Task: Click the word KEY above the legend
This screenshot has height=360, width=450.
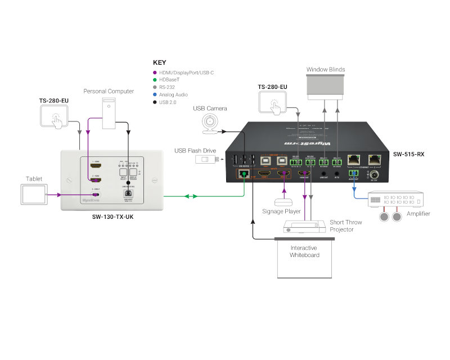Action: coord(160,63)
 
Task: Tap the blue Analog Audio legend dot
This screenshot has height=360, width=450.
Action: coord(155,94)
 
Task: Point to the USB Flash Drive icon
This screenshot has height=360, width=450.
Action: coord(206,159)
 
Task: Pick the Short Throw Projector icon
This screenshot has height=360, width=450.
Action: coord(304,226)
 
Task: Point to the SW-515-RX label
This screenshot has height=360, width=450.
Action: coord(408,154)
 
